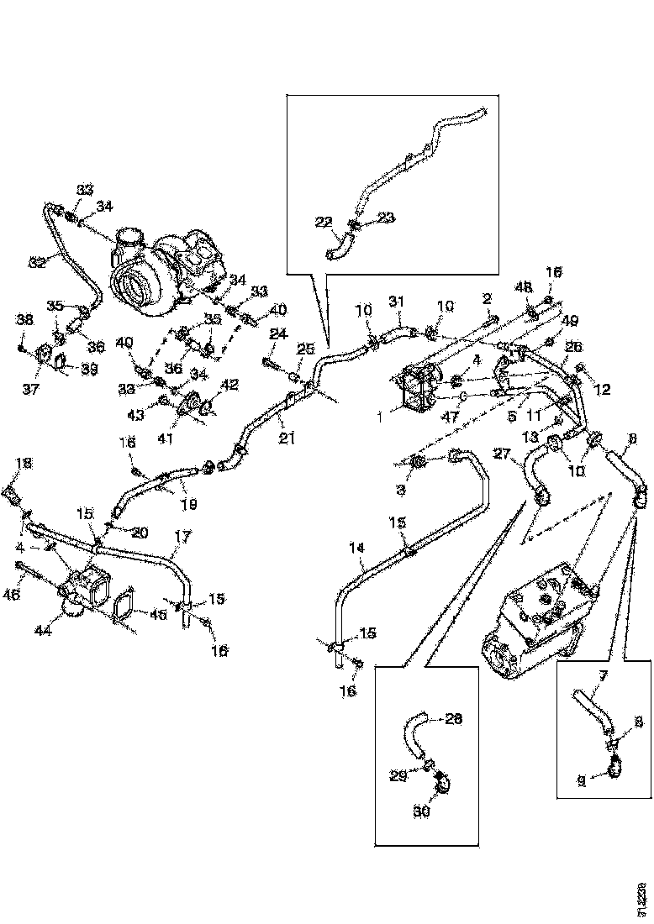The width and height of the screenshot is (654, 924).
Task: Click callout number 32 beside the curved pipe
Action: pyautogui.click(x=36, y=262)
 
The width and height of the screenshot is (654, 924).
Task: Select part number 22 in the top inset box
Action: pyautogui.click(x=324, y=222)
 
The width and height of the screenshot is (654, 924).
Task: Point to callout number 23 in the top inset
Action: pyautogui.click(x=385, y=218)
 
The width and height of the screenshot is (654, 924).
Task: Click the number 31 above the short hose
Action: pyautogui.click(x=397, y=302)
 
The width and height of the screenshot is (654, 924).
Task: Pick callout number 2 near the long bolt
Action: pyautogui.click(x=485, y=298)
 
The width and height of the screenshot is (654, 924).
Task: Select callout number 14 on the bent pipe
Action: pyautogui.click(x=358, y=548)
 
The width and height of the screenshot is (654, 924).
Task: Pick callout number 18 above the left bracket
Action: pyautogui.click(x=24, y=463)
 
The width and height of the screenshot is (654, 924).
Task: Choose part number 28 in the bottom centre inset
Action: pyautogui.click(x=453, y=719)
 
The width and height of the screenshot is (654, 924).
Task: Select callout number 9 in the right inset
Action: pyautogui.click(x=581, y=780)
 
